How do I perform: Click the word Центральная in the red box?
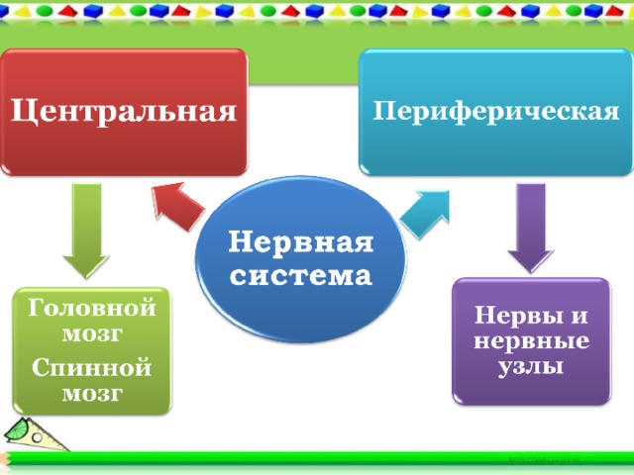pos(124,111)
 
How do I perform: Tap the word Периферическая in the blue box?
pos(495,111)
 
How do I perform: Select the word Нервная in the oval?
pos(301,242)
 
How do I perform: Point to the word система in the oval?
pos(301,276)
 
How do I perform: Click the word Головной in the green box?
pos(92,308)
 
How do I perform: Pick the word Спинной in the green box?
pos(92,367)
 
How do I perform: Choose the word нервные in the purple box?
pos(531,341)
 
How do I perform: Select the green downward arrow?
pos(86,231)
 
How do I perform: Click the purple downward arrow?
pos(531,229)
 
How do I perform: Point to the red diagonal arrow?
pos(177,206)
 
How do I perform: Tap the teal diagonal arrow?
pos(425,214)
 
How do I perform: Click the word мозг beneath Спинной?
pos(92,394)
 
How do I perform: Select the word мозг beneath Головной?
pos(92,334)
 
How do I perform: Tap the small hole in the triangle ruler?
pos(38,437)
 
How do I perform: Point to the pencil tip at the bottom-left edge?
pos(2,458)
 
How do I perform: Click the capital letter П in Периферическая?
pos(383,110)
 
